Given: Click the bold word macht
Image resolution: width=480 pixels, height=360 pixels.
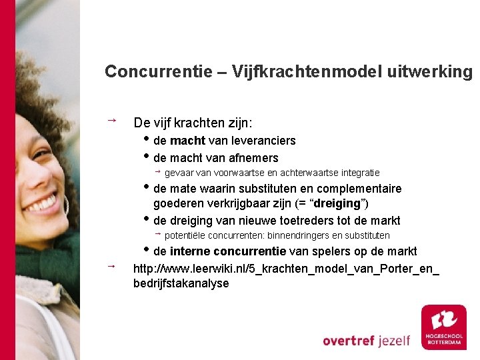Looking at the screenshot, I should click(x=188, y=141).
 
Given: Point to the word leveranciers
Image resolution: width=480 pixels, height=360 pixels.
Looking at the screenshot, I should click(x=263, y=141).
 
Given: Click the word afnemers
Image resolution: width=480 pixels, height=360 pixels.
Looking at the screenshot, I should click(x=253, y=158).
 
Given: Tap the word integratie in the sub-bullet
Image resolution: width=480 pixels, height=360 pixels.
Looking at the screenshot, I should click(x=358, y=173).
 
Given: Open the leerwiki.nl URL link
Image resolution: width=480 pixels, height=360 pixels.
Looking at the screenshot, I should click(x=287, y=269).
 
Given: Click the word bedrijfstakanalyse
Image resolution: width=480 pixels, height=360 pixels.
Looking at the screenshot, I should click(x=181, y=283).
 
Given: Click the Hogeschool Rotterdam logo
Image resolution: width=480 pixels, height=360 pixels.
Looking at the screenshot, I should click(x=444, y=327).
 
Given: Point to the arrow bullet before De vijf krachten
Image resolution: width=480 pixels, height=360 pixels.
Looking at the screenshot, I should click(x=111, y=121).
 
